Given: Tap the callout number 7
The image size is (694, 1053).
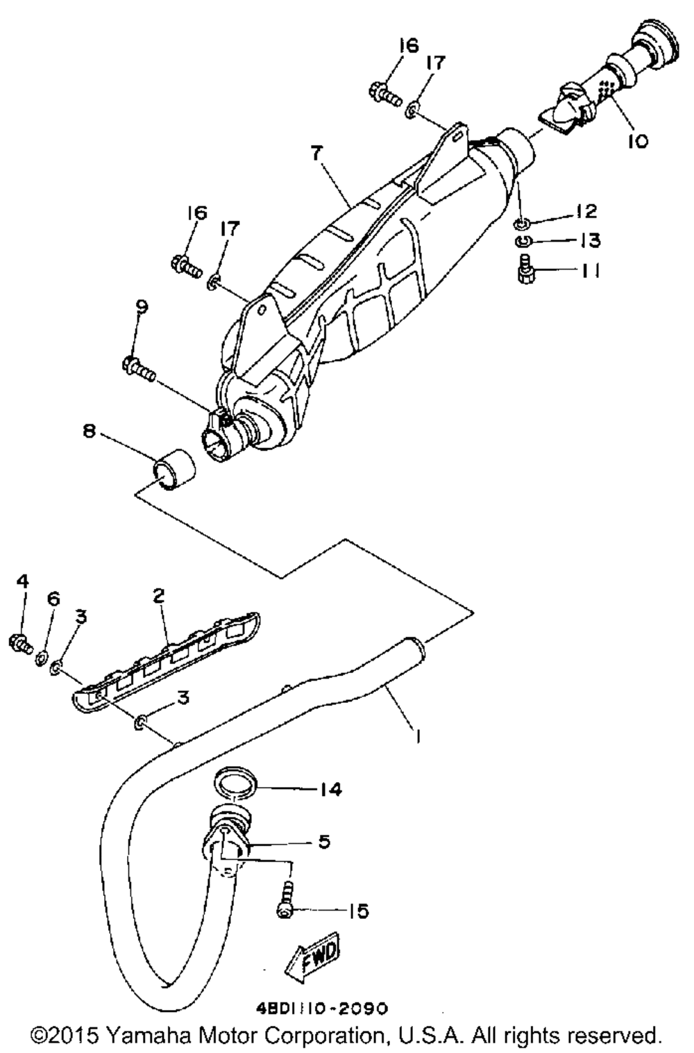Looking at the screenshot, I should [317, 154].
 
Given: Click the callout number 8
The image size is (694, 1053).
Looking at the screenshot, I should [89, 431].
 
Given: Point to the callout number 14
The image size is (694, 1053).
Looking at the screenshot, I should [331, 789].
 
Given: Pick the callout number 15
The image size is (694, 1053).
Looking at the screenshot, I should [358, 911].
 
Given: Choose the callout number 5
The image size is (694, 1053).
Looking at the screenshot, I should [324, 842].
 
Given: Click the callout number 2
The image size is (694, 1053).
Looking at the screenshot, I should [159, 595].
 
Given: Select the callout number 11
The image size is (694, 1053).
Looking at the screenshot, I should [590, 270].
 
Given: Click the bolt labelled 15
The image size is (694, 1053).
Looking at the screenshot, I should [285, 903].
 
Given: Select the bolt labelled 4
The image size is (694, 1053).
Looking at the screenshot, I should [20, 642].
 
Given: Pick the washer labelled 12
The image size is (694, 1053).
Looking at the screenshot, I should [521, 224].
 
